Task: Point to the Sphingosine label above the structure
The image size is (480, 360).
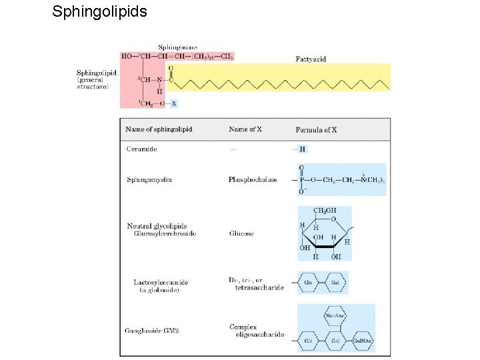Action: click(178, 47)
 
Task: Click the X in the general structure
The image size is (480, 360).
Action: click(174, 103)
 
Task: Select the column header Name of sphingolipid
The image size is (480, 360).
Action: click(159, 129)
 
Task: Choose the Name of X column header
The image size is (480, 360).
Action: click(247, 129)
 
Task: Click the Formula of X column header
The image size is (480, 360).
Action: click(316, 129)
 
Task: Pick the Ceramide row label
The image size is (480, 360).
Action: click(142, 149)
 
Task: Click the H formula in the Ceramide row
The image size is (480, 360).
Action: click(303, 149)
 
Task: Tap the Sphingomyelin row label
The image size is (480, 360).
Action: click(149, 179)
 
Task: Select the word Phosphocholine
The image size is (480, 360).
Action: click(253, 179)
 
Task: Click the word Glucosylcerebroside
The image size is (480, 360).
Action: click(165, 234)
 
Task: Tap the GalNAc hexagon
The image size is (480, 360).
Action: click(363, 341)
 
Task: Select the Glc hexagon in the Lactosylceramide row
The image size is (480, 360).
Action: click(309, 282)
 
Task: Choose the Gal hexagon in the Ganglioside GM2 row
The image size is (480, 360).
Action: click(336, 341)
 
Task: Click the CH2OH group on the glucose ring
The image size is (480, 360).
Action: click(325, 211)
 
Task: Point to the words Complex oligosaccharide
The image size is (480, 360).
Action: click(257, 331)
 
